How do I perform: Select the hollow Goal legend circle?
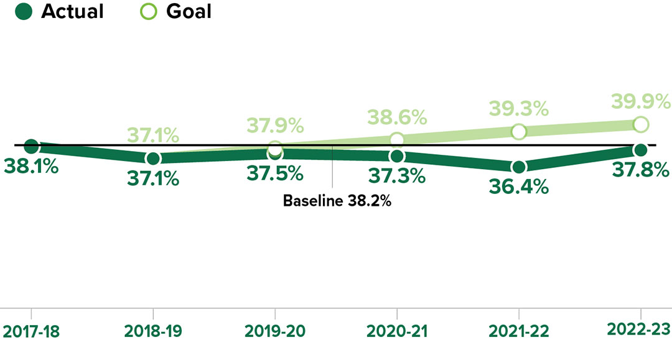click(x=147, y=11)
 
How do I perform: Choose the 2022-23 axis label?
click(x=641, y=330)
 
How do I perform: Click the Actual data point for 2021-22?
click(x=519, y=167)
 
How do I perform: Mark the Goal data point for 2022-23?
click(x=641, y=124)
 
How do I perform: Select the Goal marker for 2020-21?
click(x=397, y=139)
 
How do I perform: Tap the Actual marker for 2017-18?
click(x=31, y=146)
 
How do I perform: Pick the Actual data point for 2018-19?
click(x=153, y=158)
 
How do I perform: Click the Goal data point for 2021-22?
click(x=519, y=131)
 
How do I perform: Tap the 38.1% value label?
click(x=31, y=167)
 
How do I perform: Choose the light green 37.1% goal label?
click(x=153, y=134)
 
